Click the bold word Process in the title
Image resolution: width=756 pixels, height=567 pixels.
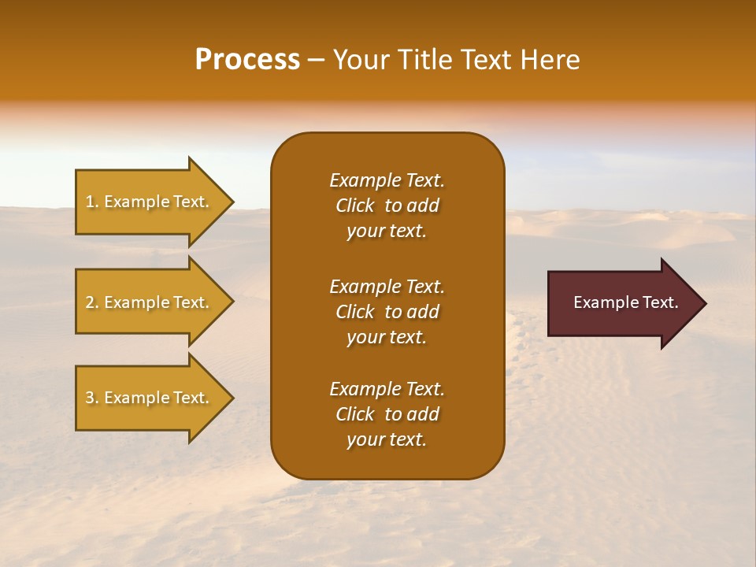coord(247,60)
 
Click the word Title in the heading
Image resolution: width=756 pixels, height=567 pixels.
coord(421,60)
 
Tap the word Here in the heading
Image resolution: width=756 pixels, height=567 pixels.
coord(550,60)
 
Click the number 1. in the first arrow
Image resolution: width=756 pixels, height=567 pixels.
coord(92,202)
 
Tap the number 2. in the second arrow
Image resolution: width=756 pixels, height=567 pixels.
coord(92,302)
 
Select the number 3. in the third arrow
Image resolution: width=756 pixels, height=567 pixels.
coord(92,398)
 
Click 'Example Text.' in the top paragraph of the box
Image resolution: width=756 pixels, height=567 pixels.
coord(387,180)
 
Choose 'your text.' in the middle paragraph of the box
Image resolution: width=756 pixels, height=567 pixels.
coord(387,337)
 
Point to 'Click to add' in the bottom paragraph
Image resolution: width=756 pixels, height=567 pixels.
coord(387,414)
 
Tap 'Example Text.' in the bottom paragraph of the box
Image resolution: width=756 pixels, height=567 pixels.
coord(387,389)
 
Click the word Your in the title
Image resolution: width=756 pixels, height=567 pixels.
coord(360,60)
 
